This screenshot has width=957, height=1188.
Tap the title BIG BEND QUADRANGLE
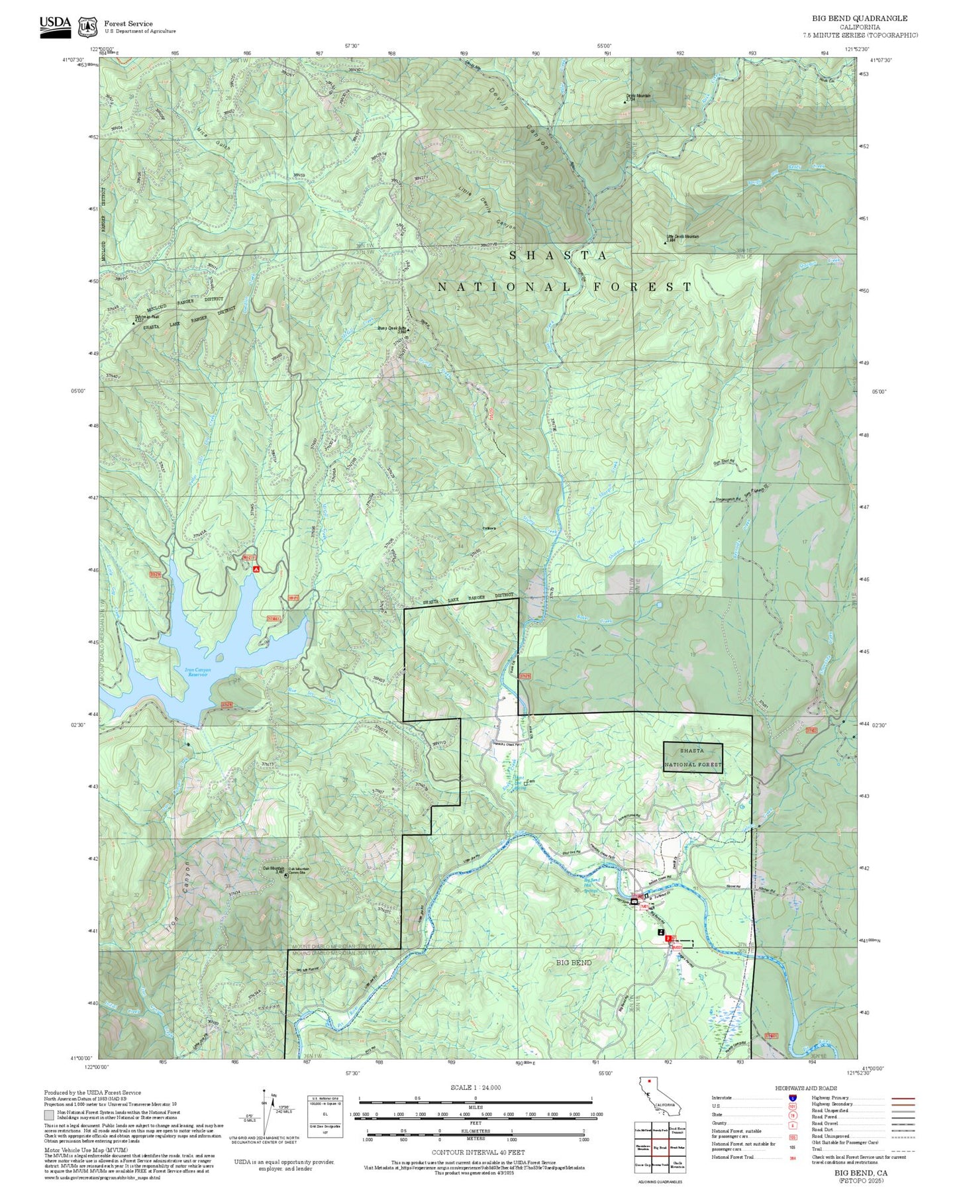(860, 19)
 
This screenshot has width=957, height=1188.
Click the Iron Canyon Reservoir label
(197, 672)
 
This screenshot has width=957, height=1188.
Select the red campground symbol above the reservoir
(256, 568)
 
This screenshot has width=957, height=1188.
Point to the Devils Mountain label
(638, 96)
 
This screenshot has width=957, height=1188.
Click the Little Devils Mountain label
(682, 236)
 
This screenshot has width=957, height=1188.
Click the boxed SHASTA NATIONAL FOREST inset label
(692, 758)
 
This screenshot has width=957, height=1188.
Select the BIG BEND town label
(574, 962)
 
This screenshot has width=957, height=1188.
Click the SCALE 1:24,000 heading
(476, 1087)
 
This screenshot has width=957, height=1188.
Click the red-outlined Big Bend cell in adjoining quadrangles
(660, 1148)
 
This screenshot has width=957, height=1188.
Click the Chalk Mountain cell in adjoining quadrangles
(677, 1165)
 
